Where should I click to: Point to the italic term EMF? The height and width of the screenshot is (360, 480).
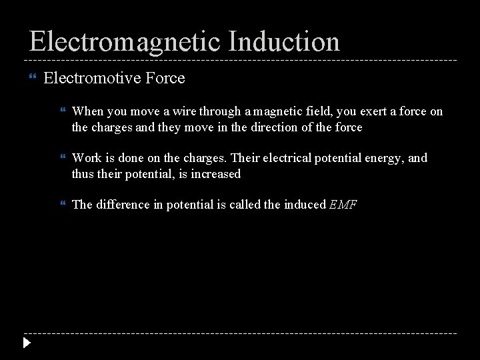[x=343, y=205]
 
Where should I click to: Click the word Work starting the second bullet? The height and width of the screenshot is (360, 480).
[x=85, y=158]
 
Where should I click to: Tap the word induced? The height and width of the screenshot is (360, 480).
[x=305, y=205]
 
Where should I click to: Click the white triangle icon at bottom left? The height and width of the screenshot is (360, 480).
[x=26, y=344]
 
